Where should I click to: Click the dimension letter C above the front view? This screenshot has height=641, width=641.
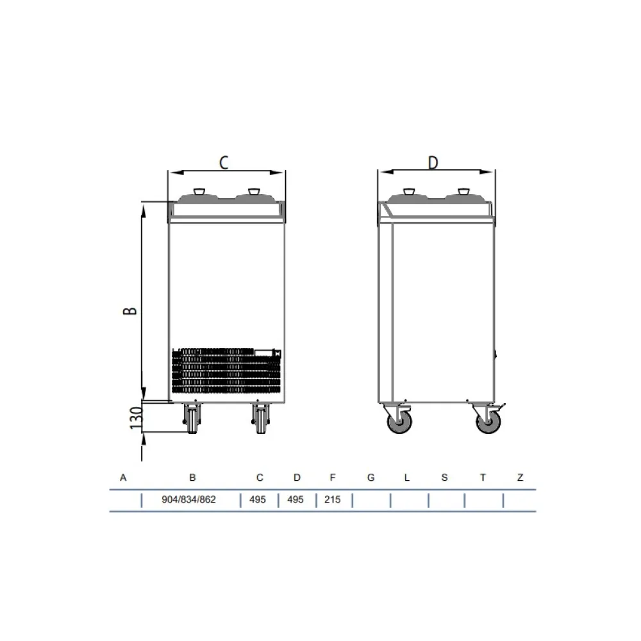[x=224, y=163]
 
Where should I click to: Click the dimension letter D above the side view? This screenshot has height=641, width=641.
[x=433, y=163]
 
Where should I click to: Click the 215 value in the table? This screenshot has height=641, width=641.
[x=332, y=500]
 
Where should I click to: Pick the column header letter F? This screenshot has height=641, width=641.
[x=332, y=478]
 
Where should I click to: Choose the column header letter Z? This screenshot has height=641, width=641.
[x=520, y=478]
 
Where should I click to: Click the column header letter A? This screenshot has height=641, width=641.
[x=123, y=478]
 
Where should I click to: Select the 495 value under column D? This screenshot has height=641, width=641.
[x=296, y=500]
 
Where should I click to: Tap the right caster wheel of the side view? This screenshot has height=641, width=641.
[x=488, y=422]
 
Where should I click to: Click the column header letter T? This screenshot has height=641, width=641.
[x=483, y=478]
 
